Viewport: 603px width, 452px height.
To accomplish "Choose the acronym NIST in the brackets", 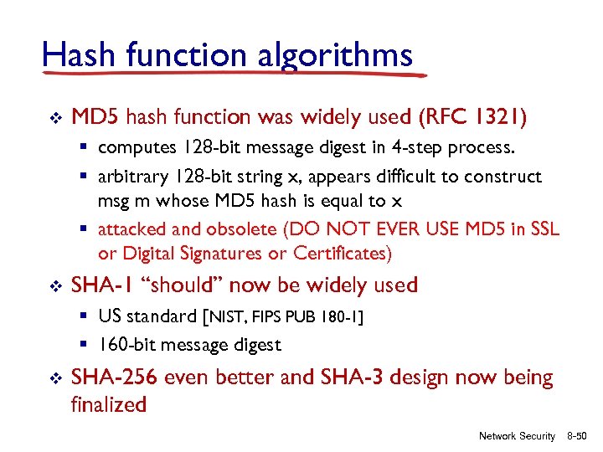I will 227,317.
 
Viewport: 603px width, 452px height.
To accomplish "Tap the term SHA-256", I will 114,378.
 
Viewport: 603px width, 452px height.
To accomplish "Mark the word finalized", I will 109,404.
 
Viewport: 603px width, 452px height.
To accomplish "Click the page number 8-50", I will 579,436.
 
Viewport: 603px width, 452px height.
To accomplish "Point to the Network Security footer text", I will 516,436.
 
